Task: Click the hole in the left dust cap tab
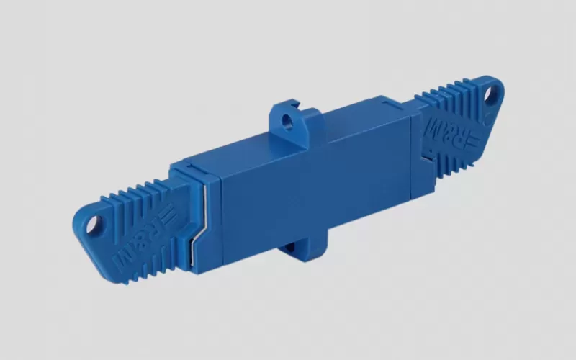coord(94,224)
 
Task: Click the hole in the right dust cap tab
coord(490,94)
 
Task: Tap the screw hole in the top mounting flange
coord(287,121)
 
